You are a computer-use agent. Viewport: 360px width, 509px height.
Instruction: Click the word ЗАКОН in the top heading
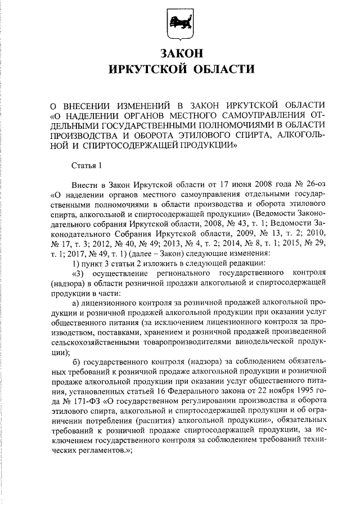[x=179, y=53]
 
